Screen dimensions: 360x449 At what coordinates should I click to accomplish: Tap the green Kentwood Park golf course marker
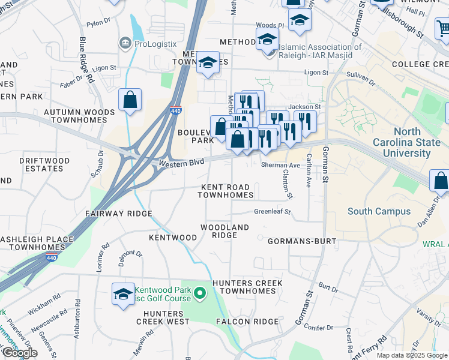point(201,293)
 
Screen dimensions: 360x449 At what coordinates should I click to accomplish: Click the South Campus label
point(379,211)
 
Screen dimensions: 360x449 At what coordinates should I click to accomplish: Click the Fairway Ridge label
point(118,214)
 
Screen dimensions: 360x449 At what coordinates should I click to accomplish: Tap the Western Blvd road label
point(181,162)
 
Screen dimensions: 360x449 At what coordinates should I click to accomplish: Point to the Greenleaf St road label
point(272,212)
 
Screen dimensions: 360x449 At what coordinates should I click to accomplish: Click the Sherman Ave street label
point(280,166)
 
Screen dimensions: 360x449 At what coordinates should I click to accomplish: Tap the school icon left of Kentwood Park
point(123,294)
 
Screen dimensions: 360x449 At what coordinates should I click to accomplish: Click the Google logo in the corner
point(20,353)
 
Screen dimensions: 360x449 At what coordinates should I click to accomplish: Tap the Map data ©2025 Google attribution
point(412,355)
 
